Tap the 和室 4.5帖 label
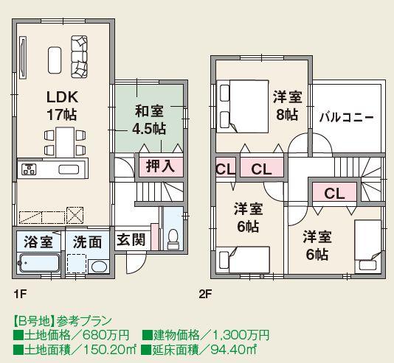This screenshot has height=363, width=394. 148,119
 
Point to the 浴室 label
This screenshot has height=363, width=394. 37,240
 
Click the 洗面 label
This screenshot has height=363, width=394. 86,240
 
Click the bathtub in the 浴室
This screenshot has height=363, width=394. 38,263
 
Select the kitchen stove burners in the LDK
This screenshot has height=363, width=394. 29,170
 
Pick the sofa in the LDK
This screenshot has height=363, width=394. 79,57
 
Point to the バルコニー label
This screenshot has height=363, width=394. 346,117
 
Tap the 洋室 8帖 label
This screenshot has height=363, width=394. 286,105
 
